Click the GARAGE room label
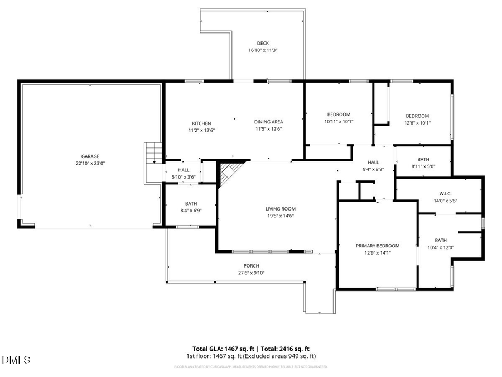pos(90,156)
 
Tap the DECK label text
pos(263,43)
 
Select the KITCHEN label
pos(201,123)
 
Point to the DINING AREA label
pos(268,122)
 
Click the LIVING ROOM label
pos(280,209)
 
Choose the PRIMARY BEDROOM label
pos(378,246)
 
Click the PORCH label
pos(251,266)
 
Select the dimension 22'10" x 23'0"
pos(90,164)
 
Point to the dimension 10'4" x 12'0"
pos(441,247)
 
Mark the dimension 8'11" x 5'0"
pos(423,166)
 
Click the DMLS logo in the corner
pos(17,359)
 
